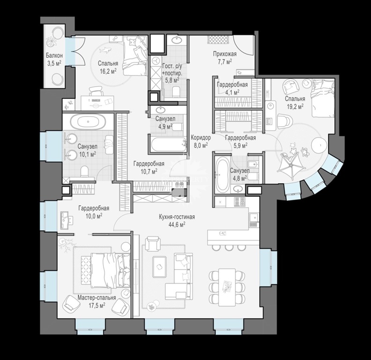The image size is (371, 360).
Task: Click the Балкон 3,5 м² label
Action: pyautogui.click(x=54, y=59)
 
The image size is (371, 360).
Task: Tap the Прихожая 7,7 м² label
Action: pyautogui.click(x=224, y=58)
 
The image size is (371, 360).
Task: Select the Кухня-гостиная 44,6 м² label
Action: pyautogui.click(x=177, y=220)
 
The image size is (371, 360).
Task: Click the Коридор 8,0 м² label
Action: pyautogui.click(x=200, y=141)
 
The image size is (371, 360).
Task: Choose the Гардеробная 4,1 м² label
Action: pyautogui.click(x=232, y=88)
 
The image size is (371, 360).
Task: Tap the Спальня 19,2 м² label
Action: pyautogui.click(x=295, y=102)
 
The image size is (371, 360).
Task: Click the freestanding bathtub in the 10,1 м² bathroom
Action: pyautogui.click(x=88, y=122)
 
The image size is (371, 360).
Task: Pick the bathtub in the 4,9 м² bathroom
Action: pyautogui.click(x=168, y=144)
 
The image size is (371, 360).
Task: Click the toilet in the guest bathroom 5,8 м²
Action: pyautogui.click(x=176, y=91)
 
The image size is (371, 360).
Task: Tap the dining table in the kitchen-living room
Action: pyautogui.click(x=227, y=287)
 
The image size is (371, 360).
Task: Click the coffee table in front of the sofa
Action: pyautogui.click(x=160, y=266)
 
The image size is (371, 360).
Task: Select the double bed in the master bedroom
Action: pyautogui.click(x=106, y=270)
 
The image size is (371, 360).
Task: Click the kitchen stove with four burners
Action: pyautogui.click(x=240, y=202)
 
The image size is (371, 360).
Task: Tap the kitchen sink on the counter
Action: pyautogui.click(x=253, y=217)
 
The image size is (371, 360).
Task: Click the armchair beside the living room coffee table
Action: pyautogui.click(x=153, y=244)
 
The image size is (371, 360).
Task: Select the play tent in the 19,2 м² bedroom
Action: pyautogui.click(x=291, y=164)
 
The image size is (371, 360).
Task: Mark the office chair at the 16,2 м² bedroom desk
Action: pyautogui.click(x=96, y=91)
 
